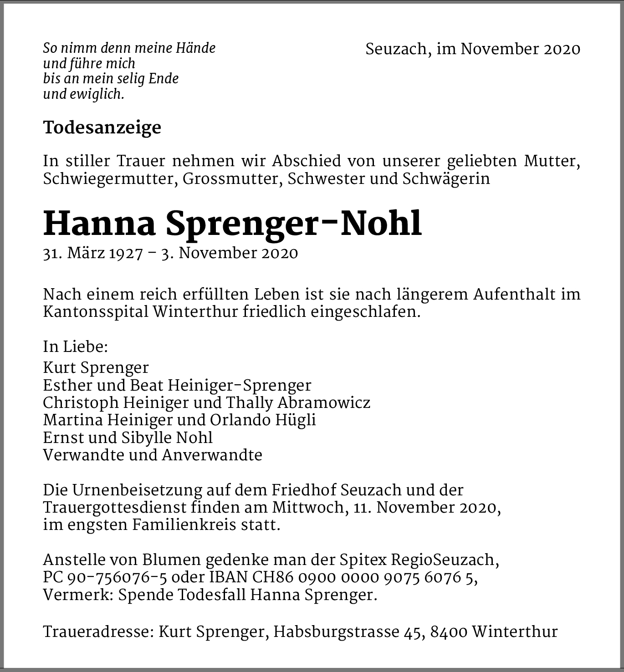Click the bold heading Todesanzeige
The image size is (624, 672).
tap(102, 127)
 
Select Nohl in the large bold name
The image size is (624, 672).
tap(381, 224)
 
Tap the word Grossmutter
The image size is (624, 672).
tap(235, 179)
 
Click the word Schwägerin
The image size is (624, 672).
tap(446, 179)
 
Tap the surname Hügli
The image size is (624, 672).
tap(296, 420)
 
